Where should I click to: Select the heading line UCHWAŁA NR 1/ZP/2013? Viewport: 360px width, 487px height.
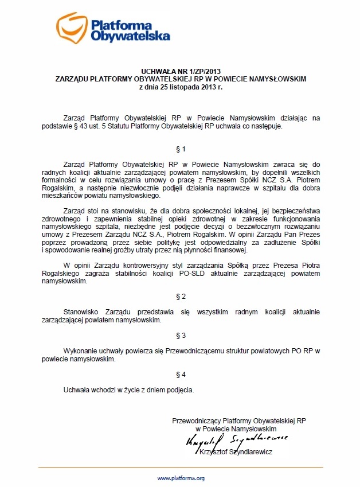(180, 71)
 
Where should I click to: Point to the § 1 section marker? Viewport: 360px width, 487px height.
(180, 149)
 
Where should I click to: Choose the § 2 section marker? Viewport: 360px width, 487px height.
(180, 297)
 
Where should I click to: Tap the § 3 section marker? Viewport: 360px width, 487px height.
(180, 334)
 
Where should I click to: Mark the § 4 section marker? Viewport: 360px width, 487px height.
(180, 375)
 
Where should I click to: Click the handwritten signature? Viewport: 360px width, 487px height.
(236, 440)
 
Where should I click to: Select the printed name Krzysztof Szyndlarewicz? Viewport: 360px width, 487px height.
(236, 452)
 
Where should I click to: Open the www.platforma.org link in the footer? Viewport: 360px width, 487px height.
(181, 478)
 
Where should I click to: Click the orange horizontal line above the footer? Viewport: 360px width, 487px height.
(179, 467)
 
